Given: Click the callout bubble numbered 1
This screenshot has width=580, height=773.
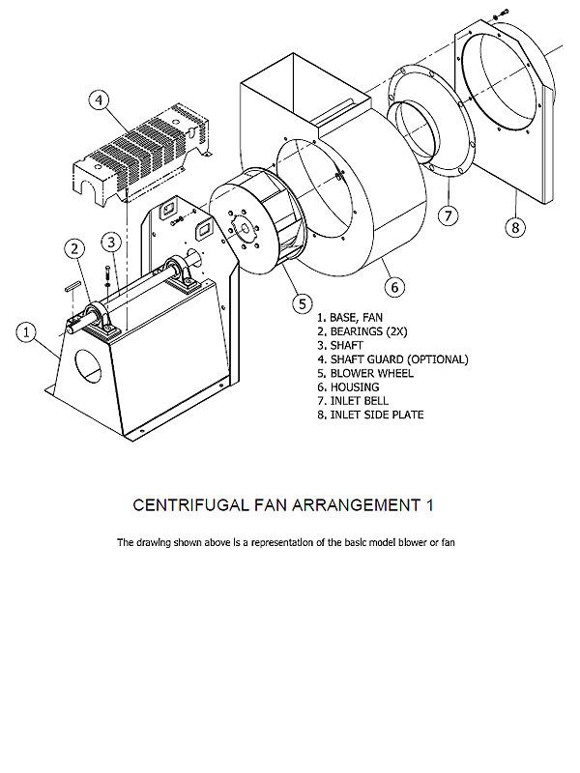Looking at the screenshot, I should (28, 331).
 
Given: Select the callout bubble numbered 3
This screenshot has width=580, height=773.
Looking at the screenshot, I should (113, 242).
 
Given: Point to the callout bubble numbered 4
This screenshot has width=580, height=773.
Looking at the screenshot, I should (101, 100).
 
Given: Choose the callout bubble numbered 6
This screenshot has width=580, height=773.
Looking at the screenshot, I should (393, 287).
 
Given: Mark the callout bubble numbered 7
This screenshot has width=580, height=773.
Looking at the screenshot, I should (448, 215).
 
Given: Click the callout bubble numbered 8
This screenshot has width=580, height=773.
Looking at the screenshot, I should (516, 227).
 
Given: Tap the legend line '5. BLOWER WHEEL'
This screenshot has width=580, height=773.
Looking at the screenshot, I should (364, 373).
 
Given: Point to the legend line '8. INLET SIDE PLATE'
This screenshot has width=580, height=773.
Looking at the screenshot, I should (370, 415).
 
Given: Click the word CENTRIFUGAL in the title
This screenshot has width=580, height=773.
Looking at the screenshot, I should (188, 505).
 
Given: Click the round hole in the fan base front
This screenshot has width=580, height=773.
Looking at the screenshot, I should (88, 368).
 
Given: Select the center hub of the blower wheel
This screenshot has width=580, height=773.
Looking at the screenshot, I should (241, 230).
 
